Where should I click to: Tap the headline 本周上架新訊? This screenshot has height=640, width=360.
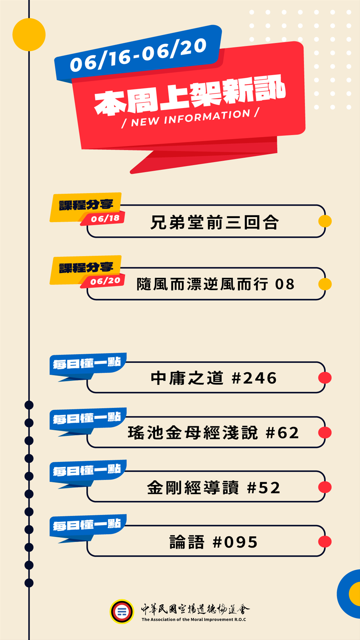[x=190, y=95]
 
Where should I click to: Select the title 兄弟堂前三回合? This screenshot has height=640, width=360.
[x=214, y=222]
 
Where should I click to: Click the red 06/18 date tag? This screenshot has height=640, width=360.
[x=105, y=219]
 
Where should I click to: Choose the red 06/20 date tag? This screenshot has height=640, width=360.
[x=105, y=281]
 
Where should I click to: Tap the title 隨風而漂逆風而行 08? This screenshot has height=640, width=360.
[x=216, y=284]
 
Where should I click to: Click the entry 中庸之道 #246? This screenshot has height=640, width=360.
[x=214, y=378]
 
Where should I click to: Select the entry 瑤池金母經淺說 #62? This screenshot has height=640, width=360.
[x=213, y=433]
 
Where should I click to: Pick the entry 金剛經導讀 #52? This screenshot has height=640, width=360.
[x=214, y=488]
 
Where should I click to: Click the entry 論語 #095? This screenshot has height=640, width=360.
[x=214, y=542]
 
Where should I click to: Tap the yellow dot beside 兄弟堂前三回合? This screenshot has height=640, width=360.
[x=325, y=221]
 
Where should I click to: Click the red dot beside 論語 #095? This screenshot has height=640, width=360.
[x=325, y=542]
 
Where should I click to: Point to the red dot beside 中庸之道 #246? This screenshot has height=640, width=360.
[x=325, y=378]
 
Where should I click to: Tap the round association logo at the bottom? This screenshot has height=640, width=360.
[x=122, y=612]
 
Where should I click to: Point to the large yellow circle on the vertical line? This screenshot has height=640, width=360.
[x=29, y=35]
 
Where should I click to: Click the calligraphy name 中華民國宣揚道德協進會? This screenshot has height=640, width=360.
[x=195, y=609]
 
